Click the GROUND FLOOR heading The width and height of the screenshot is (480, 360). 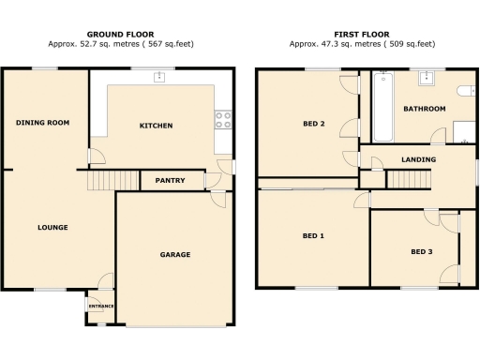[x=119, y=33]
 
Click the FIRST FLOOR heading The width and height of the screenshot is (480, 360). [x=362, y=33]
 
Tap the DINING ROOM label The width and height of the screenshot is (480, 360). [x=43, y=123]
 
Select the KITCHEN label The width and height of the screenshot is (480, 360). [x=156, y=126]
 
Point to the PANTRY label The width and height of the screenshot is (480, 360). [x=170, y=181]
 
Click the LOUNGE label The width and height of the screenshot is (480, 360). [x=52, y=227]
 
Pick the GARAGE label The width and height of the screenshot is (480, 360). [x=174, y=254]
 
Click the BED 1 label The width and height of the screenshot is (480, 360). [x=313, y=235]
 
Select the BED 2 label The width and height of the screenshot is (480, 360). [x=313, y=122]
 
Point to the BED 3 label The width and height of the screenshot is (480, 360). [x=422, y=251]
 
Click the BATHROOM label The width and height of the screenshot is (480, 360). [x=424, y=109]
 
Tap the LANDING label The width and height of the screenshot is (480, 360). [x=418, y=159]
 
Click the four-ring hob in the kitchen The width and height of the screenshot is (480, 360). [x=224, y=119]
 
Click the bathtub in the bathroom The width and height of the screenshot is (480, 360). [x=381, y=108]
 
